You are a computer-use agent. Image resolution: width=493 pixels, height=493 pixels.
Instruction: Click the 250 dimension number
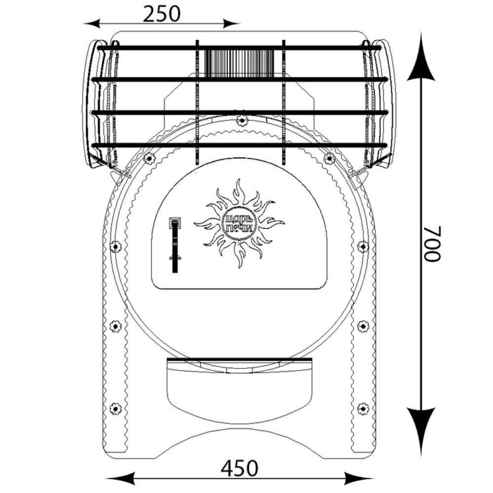coord(162,14)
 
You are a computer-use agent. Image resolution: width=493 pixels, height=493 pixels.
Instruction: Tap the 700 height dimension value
coord(433,243)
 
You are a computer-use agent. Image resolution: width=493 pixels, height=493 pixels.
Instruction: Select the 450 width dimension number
coord(239,468)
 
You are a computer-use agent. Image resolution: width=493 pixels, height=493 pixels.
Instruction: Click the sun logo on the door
coord(239,223)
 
